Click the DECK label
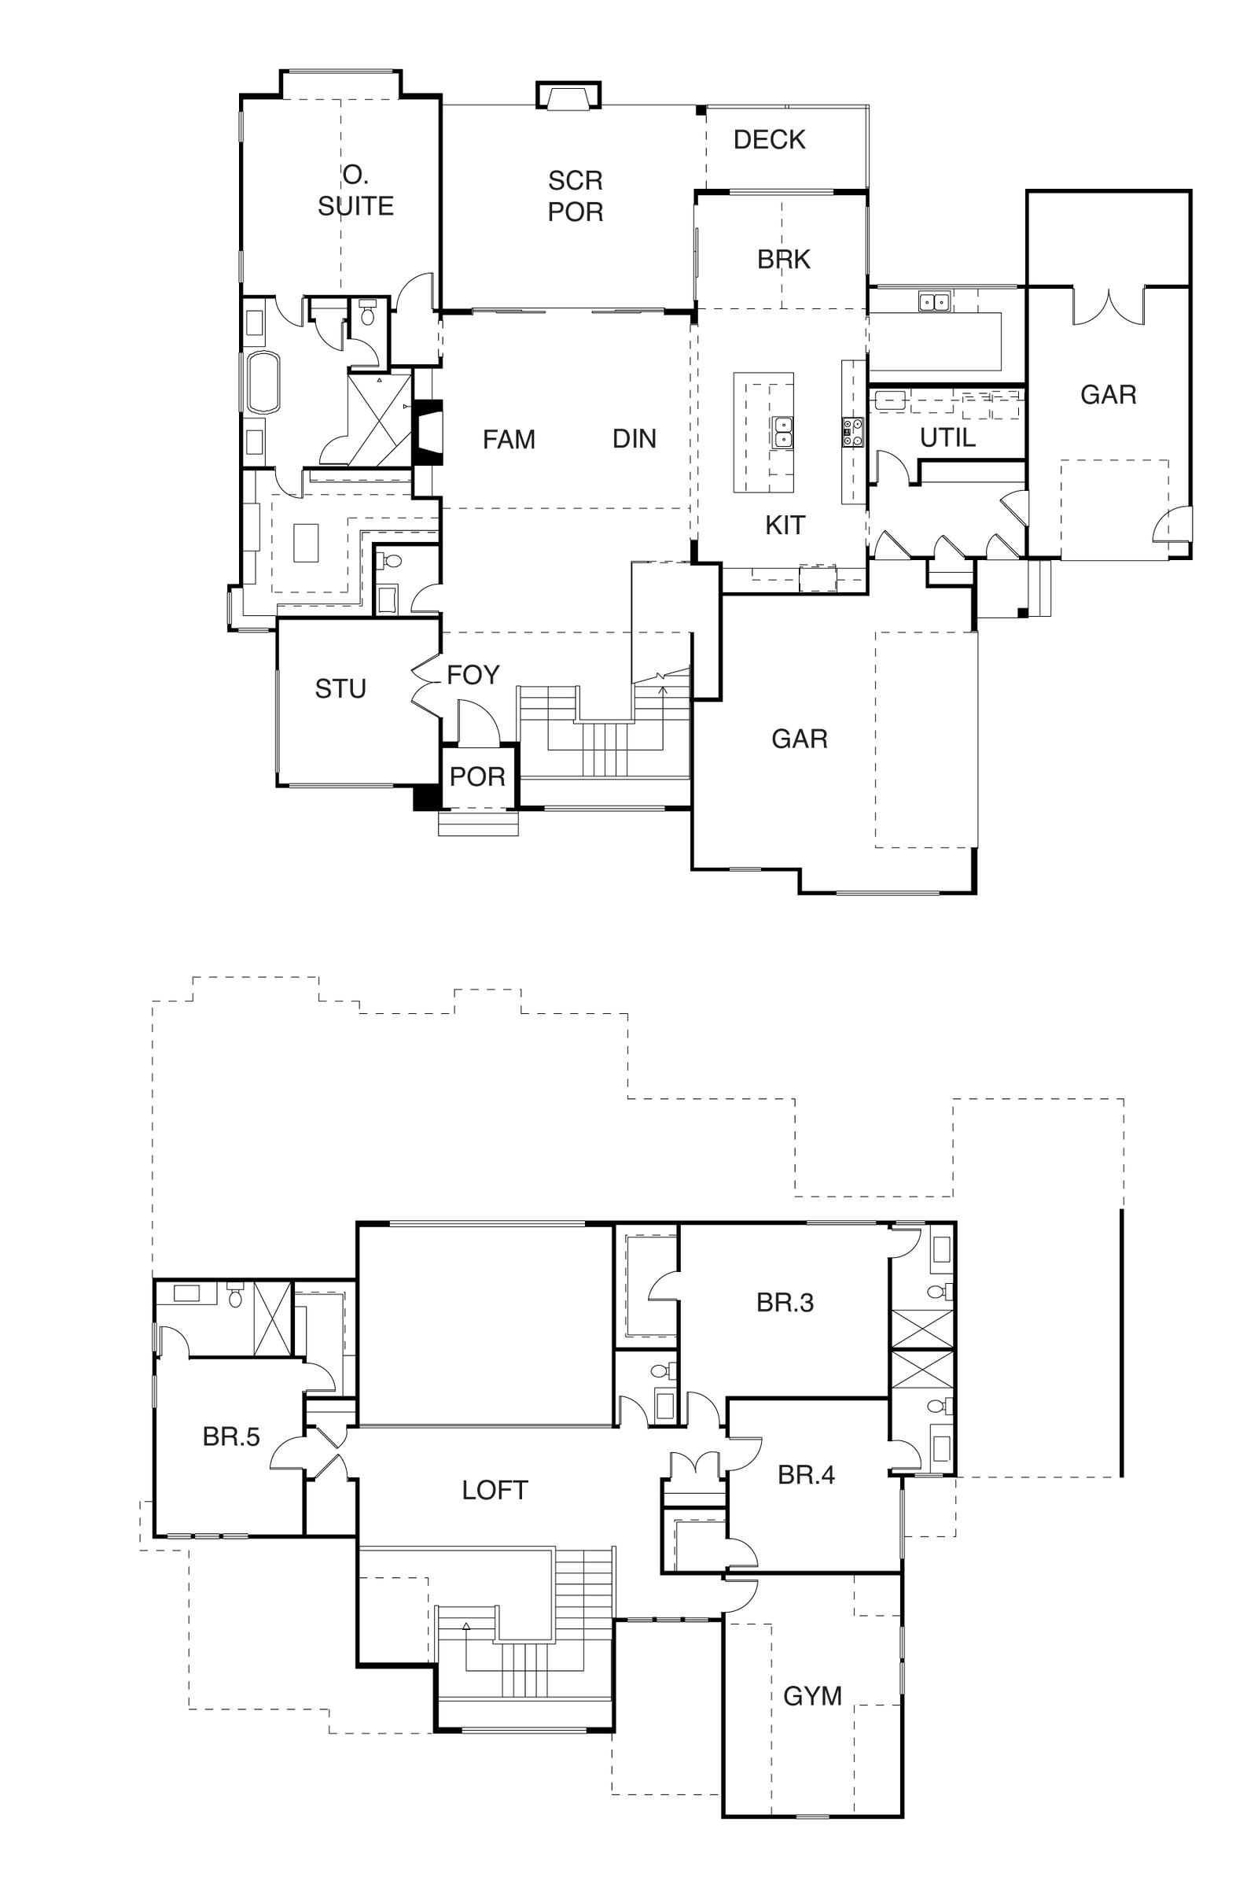(x=769, y=140)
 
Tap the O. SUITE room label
(x=355, y=190)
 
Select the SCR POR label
(x=576, y=196)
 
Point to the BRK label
(x=784, y=260)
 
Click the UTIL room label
(x=947, y=437)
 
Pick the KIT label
(x=785, y=525)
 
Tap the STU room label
(x=340, y=689)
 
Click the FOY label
(x=473, y=675)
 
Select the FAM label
(x=509, y=439)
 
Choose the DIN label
(x=634, y=438)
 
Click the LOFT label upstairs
(x=495, y=1491)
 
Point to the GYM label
(x=812, y=1696)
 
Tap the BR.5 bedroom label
(x=231, y=1436)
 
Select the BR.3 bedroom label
(x=785, y=1302)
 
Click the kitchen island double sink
(x=782, y=433)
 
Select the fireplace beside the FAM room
(x=427, y=432)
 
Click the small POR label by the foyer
(x=477, y=777)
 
